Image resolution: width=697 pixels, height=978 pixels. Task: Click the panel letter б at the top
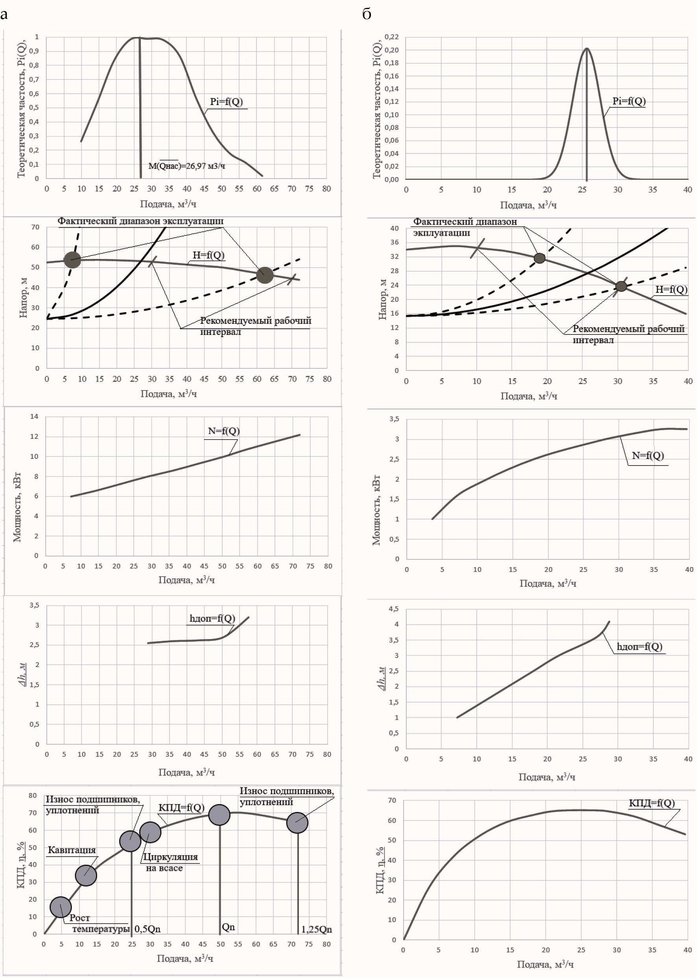click(x=367, y=14)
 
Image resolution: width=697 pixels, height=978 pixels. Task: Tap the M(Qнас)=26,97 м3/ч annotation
click(x=186, y=166)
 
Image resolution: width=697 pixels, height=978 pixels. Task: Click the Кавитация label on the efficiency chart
click(x=72, y=850)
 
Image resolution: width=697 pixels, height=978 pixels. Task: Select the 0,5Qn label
click(x=147, y=929)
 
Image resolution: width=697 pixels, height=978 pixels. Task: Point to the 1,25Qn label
click(x=316, y=930)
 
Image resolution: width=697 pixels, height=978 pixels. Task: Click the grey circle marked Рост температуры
click(x=61, y=907)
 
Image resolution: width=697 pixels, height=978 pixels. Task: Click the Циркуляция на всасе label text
click(x=170, y=862)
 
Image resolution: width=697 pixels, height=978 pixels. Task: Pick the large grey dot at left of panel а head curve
click(x=72, y=260)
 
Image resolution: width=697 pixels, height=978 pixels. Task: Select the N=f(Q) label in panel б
click(x=648, y=455)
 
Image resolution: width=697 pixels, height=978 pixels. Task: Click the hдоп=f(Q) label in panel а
click(x=212, y=618)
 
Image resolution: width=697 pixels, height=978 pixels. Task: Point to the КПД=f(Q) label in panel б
click(x=651, y=803)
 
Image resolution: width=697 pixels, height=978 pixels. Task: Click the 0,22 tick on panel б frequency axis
click(x=391, y=37)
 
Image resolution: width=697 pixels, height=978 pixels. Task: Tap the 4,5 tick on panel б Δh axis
click(x=393, y=609)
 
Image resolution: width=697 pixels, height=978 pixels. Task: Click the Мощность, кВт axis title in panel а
click(x=17, y=507)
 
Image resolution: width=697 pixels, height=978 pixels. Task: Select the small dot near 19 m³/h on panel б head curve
click(x=540, y=258)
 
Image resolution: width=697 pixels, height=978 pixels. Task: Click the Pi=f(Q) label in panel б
click(x=629, y=101)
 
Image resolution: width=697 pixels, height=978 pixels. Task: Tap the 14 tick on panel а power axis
click(x=34, y=416)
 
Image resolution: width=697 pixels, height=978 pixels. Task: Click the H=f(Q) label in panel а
click(x=208, y=255)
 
